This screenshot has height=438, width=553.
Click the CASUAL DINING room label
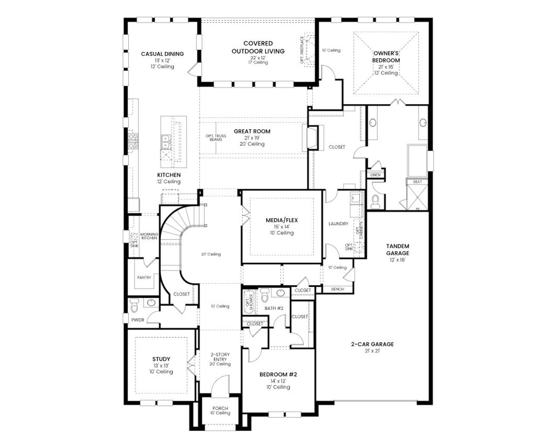click(162, 54)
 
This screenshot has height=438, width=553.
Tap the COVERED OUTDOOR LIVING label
click(258, 47)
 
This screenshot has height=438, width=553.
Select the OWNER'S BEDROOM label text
click(386, 57)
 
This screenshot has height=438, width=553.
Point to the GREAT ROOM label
click(252, 131)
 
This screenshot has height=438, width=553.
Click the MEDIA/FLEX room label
click(282, 221)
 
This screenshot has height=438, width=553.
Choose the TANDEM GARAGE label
click(397, 249)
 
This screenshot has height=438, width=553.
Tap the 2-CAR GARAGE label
click(372, 344)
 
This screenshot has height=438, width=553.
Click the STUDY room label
click(161, 359)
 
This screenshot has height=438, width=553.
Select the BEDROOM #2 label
click(278, 374)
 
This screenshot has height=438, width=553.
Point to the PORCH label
click(220, 408)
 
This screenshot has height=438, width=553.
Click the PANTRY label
click(144, 278)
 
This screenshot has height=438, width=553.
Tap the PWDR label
click(138, 320)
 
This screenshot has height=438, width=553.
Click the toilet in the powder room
click(134, 305)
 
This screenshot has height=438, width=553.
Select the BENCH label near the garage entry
click(337, 289)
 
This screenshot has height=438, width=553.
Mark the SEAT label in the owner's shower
click(417, 182)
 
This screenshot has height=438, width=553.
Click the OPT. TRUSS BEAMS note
click(216, 138)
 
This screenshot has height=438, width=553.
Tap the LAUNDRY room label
click(338, 224)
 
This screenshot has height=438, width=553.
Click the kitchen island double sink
click(165, 141)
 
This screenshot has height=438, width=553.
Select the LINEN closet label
click(375, 175)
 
